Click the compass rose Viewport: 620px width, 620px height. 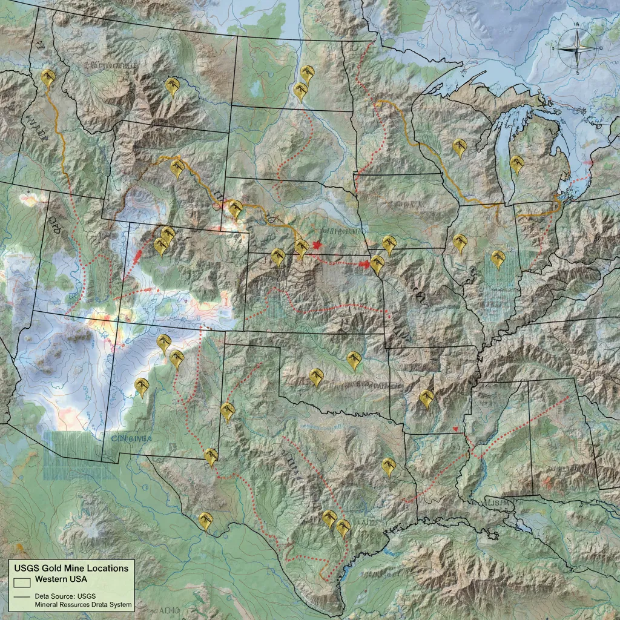click(576, 48)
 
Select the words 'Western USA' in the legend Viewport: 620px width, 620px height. click(61, 579)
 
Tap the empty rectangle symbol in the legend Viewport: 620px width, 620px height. click(22, 582)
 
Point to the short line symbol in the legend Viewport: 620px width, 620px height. click(22, 596)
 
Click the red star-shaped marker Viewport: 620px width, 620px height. click(317, 245)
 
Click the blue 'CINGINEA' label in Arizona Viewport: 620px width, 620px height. click(130, 438)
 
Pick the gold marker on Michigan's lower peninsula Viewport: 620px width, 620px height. click(516, 164)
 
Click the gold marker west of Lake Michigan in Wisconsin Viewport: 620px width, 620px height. click(460, 148)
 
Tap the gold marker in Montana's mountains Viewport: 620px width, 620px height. click(173, 86)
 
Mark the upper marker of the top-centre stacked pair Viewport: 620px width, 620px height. click(308, 74)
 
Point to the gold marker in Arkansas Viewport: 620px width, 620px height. click(427, 398)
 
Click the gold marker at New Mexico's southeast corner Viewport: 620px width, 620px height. click(211, 457)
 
